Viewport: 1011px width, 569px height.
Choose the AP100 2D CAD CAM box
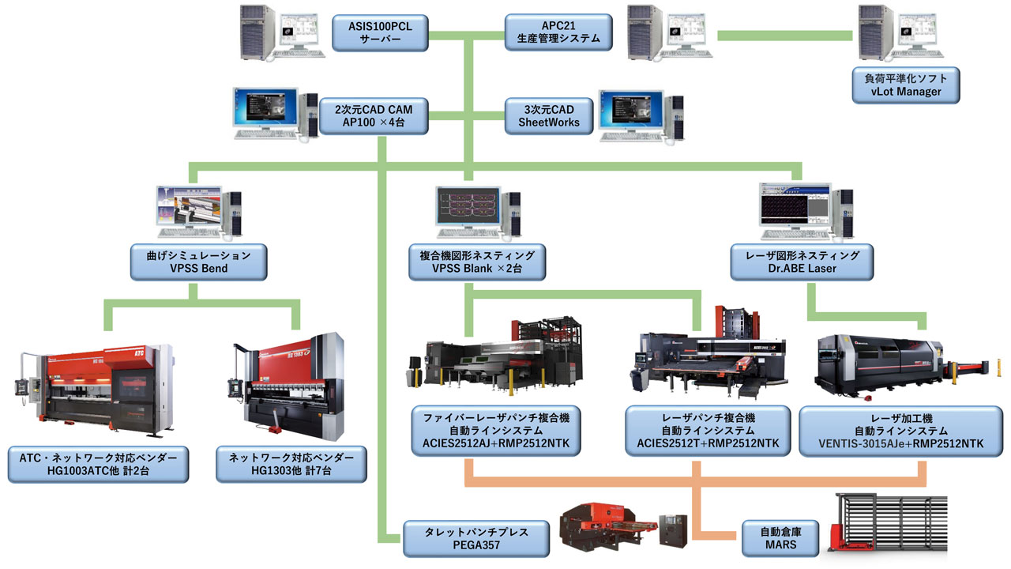(x=374, y=115)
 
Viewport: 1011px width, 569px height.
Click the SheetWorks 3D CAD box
(x=549, y=115)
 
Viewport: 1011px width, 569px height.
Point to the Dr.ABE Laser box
(x=801, y=262)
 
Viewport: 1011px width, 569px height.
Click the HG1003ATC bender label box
(x=99, y=465)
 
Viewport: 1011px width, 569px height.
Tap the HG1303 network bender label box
(x=291, y=465)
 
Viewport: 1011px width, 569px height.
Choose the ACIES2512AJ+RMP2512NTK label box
(x=495, y=431)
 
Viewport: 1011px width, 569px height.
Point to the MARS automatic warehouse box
(x=781, y=538)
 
